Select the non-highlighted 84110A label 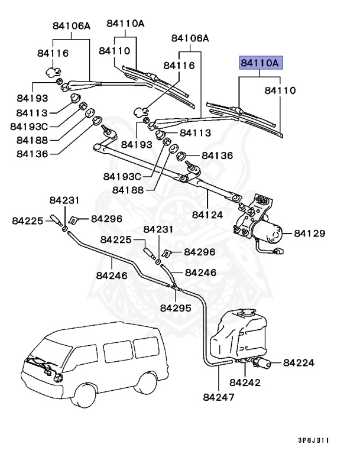click(x=125, y=24)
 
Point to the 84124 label click(x=207, y=215)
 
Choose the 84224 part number click(x=299, y=362)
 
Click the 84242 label click(x=245, y=382)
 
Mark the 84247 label click(x=219, y=397)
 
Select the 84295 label click(x=176, y=308)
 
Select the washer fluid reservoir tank click(x=236, y=337)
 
